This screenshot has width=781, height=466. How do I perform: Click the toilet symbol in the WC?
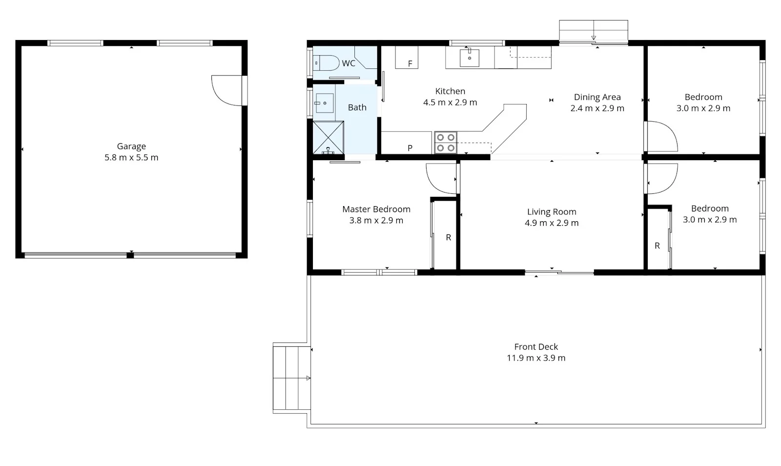pyautogui.click(x=327, y=63)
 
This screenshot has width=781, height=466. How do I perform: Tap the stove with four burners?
pyautogui.click(x=445, y=143)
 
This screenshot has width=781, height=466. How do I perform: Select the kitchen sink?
pyautogui.click(x=469, y=58)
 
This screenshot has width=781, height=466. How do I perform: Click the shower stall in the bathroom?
pyautogui.click(x=328, y=138)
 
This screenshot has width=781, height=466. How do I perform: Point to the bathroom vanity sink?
pyautogui.click(x=324, y=103)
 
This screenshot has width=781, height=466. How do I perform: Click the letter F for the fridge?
pyautogui.click(x=410, y=64)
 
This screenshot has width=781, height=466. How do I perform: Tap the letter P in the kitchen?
pyautogui.click(x=410, y=148)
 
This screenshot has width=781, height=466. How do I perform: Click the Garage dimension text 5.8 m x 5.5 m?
pyautogui.click(x=131, y=157)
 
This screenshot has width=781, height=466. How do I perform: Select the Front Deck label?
pyautogui.click(x=536, y=346)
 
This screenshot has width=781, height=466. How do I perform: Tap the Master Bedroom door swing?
pyautogui.click(x=440, y=178)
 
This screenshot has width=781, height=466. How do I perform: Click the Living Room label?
pyautogui.click(x=552, y=212)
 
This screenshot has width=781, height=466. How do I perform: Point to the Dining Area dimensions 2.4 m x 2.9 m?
pyautogui.click(x=597, y=108)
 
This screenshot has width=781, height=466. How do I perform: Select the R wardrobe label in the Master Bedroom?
pyautogui.click(x=448, y=237)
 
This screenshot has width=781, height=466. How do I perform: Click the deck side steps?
pyautogui.click(x=291, y=377)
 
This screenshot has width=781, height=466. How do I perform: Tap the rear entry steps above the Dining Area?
pyautogui.click(x=593, y=31)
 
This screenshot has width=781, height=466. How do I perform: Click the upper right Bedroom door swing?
pyautogui.click(x=661, y=137)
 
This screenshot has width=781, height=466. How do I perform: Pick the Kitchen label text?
pyautogui.click(x=450, y=91)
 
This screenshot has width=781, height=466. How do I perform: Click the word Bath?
pyautogui.click(x=357, y=107)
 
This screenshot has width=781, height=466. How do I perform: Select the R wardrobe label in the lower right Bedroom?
pyautogui.click(x=657, y=246)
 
